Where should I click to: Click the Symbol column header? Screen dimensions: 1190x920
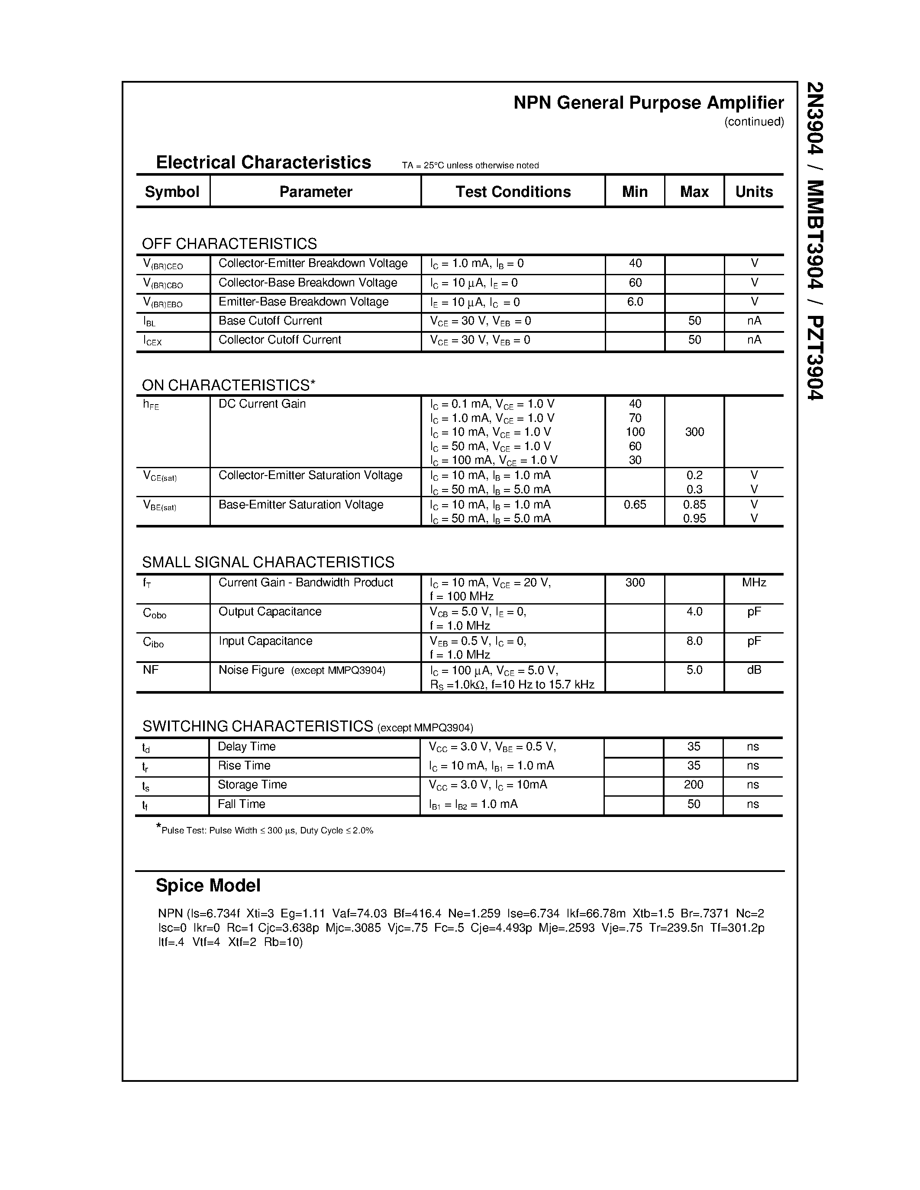pyautogui.click(x=172, y=192)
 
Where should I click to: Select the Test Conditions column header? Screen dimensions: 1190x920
pyautogui.click(x=513, y=192)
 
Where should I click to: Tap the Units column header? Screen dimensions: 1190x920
pyautogui.click(x=754, y=192)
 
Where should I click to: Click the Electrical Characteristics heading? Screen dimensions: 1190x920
pyautogui.click(x=263, y=162)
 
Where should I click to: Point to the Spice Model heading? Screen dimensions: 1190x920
pyautogui.click(x=208, y=885)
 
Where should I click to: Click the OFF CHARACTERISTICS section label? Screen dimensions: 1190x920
pyautogui.click(x=229, y=244)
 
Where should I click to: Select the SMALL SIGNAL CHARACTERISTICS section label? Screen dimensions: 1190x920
pyautogui.click(x=268, y=562)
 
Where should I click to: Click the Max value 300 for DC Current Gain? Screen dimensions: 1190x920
pyautogui.click(x=694, y=432)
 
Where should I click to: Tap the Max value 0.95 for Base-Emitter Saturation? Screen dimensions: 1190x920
pyautogui.click(x=694, y=518)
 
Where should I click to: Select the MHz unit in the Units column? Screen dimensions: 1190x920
pyautogui.click(x=754, y=582)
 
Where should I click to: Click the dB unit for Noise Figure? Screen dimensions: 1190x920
pyautogui.click(x=754, y=670)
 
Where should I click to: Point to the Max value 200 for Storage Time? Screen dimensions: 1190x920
pyautogui.click(x=693, y=785)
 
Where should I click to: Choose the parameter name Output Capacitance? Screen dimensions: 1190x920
pyautogui.click(x=270, y=611)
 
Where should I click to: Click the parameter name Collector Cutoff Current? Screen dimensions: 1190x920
pyautogui.click(x=280, y=340)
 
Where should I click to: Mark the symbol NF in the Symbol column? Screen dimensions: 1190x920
pyautogui.click(x=150, y=670)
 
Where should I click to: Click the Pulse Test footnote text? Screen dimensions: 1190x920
pyautogui.click(x=267, y=830)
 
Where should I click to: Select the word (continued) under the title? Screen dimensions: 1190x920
pyautogui.click(x=754, y=122)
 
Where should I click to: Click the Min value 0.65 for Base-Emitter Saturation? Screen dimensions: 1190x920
pyautogui.click(x=635, y=505)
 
